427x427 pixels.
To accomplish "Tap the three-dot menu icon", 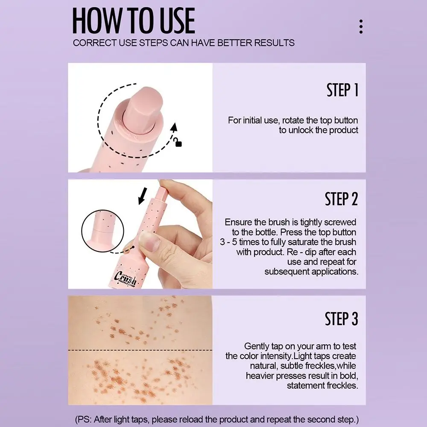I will [x=361, y=26].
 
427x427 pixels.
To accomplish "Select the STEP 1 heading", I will [x=342, y=90].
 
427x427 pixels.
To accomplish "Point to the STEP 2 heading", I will [x=341, y=199].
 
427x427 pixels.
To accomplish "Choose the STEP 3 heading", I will [x=341, y=319].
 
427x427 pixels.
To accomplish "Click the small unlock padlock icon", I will [x=178, y=143].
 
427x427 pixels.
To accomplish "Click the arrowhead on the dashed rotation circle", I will [x=174, y=127].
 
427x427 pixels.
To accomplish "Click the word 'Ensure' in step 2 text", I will [x=238, y=222].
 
